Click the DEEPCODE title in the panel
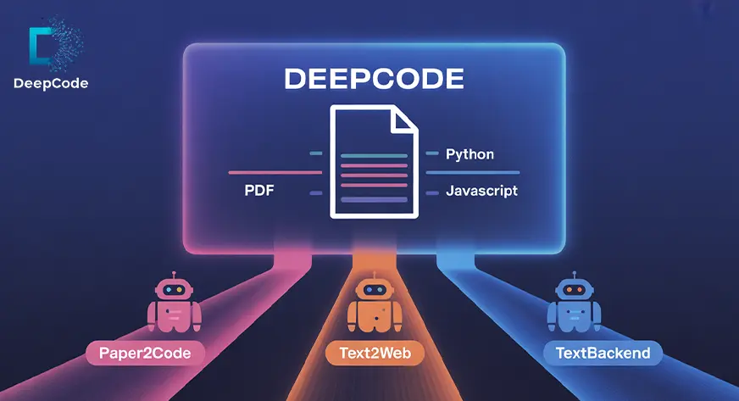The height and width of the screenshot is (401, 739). [374, 79]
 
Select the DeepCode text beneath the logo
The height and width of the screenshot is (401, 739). [51, 83]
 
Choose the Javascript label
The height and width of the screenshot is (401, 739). [481, 192]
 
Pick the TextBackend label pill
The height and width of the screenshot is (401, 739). [603, 351]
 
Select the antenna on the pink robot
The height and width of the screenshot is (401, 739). [174, 273]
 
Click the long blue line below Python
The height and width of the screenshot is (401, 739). [472, 173]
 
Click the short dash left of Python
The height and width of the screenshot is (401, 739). [431, 154]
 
